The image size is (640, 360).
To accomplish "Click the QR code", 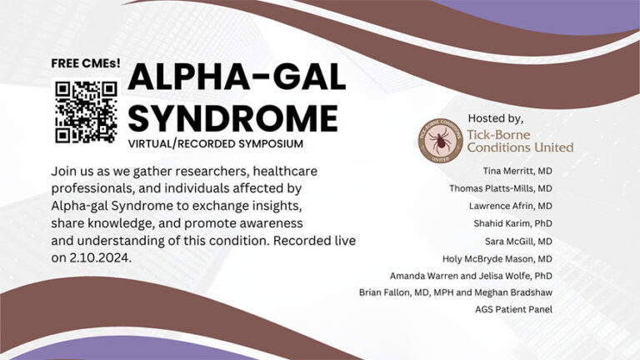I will coord(84,111).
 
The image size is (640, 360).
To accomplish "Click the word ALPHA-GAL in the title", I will coord(237,78).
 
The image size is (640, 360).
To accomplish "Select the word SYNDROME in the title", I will coord(232,117).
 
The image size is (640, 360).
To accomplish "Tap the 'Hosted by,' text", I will coord(496,118).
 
